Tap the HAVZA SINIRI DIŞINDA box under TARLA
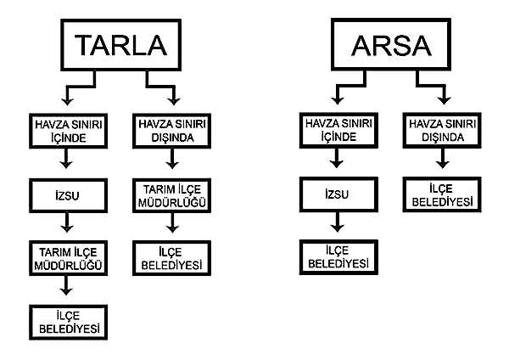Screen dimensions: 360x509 click(x=169, y=127)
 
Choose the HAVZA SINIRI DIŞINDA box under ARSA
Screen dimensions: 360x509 click(x=439, y=127)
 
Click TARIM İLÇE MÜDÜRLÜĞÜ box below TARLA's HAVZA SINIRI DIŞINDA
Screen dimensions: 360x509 click(x=169, y=194)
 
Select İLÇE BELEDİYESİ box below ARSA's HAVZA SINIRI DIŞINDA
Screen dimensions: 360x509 click(x=439, y=193)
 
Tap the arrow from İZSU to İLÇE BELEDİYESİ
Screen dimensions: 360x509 click(x=338, y=223)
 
